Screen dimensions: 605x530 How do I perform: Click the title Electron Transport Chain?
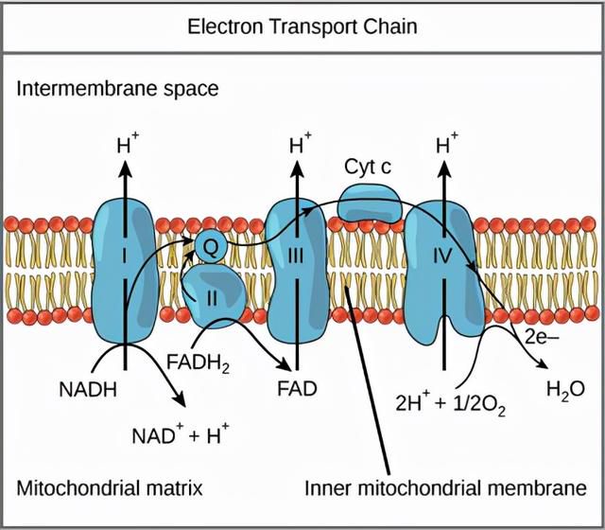click(302, 27)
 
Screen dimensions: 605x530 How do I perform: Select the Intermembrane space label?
click(117, 89)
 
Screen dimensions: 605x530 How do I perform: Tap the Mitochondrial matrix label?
click(110, 488)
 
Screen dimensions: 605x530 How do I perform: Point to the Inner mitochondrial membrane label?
click(445, 488)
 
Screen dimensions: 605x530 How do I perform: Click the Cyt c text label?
click(368, 167)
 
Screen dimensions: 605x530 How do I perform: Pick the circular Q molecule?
click(210, 247)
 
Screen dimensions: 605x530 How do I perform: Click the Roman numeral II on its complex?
click(212, 298)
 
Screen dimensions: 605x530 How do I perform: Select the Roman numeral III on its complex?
click(296, 256)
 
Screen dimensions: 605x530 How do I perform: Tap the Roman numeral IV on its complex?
click(442, 256)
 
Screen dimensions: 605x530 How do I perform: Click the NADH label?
click(88, 389)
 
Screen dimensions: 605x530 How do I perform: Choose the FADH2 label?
click(198, 363)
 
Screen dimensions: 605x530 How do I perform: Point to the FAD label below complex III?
click(297, 389)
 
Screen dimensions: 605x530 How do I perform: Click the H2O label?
click(565, 390)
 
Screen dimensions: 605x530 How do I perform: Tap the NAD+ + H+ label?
click(181, 434)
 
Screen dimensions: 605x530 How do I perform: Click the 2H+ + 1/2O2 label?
click(450, 404)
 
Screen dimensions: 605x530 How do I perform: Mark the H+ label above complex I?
click(128, 144)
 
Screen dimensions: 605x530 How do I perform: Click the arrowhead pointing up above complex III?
click(297, 168)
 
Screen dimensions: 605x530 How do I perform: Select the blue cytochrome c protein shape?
click(370, 203)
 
